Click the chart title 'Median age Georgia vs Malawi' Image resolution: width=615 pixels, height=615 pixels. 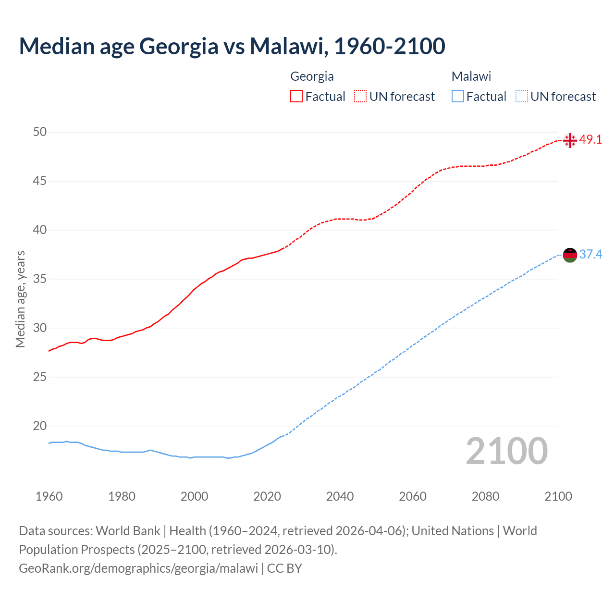232,46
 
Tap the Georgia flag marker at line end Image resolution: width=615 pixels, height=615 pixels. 570,140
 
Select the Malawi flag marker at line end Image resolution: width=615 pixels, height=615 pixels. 570,255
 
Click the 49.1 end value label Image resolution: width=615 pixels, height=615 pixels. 590,140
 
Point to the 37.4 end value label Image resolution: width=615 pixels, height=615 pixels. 590,254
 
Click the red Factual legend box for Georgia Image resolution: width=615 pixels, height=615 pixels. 296,97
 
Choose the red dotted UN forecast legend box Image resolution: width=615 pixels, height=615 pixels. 360,97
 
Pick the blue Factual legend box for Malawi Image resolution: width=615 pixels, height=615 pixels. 458,97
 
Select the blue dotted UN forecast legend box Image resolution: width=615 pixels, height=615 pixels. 522,97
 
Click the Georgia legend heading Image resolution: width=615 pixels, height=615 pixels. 312,76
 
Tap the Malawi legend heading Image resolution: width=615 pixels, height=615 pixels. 471,76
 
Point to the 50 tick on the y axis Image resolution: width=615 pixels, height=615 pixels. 40,132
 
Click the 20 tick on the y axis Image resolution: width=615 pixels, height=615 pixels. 40,426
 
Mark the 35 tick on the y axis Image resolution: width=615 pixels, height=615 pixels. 40,279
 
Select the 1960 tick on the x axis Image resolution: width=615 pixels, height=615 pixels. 49,496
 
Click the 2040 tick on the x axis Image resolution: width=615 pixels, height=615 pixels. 340,496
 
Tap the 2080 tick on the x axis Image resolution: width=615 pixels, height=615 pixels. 485,496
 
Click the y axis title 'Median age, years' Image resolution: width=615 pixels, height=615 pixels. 20,299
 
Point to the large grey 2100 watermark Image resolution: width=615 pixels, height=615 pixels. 507,451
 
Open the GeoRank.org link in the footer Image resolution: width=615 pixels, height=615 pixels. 138,568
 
